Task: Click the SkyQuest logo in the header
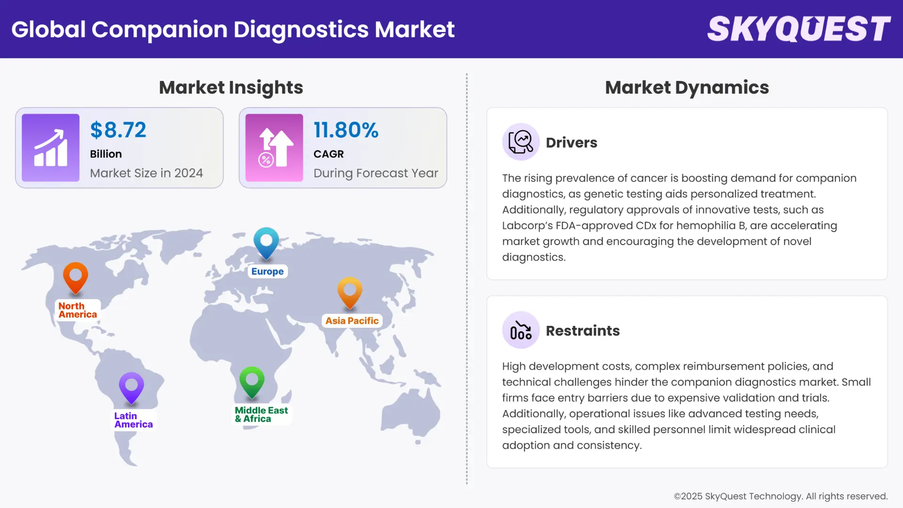[799, 29]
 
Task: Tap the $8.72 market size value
[118, 130]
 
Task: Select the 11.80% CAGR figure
[346, 130]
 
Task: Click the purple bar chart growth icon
[50, 148]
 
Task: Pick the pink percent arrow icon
[274, 148]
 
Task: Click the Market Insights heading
[231, 87]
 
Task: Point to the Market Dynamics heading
[687, 87]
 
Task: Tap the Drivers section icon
[521, 142]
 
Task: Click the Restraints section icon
[521, 330]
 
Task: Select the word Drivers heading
[571, 143]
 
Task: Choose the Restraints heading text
[583, 331]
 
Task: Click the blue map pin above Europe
[266, 242]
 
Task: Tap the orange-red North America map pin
[75, 277]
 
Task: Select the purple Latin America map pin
[131, 388]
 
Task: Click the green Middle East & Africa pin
[252, 381]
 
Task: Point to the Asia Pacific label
[352, 321]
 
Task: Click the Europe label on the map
[267, 271]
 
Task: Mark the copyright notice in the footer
[780, 496]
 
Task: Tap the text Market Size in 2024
[146, 173]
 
